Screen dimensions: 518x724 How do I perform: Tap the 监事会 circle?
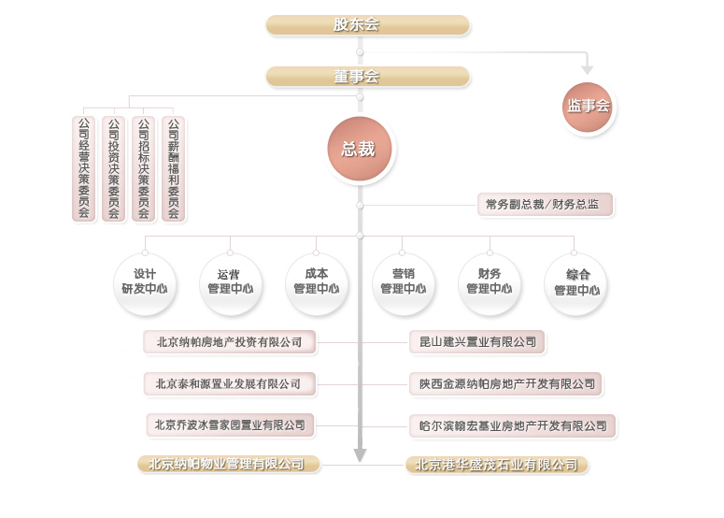pos(589,106)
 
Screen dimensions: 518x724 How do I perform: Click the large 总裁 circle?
pos(360,149)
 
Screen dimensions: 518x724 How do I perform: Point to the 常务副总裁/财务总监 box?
pos(543,204)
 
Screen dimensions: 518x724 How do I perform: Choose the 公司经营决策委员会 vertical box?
pos(84,168)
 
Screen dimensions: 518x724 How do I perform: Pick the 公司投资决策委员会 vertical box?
pos(114,168)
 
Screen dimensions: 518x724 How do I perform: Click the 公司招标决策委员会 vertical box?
pos(144,168)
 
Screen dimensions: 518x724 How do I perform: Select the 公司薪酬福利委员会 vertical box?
pos(174,168)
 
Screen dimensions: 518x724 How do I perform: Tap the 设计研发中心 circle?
pos(145,282)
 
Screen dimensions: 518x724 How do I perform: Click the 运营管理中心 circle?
pos(231,282)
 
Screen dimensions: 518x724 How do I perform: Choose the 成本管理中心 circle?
pos(317,282)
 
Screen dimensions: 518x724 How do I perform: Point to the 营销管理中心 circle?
pos(404,282)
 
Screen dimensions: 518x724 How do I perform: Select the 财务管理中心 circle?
pos(490,282)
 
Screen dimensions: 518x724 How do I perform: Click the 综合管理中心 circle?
pos(576,282)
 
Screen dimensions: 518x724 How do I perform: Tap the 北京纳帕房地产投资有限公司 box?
pos(230,342)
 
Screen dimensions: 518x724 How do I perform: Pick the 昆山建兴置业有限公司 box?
pos(477,342)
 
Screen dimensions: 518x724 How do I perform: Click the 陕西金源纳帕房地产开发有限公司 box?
pos(505,383)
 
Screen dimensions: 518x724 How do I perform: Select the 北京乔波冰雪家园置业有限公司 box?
pos(230,425)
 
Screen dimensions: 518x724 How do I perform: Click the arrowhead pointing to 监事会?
pos(588,69)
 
